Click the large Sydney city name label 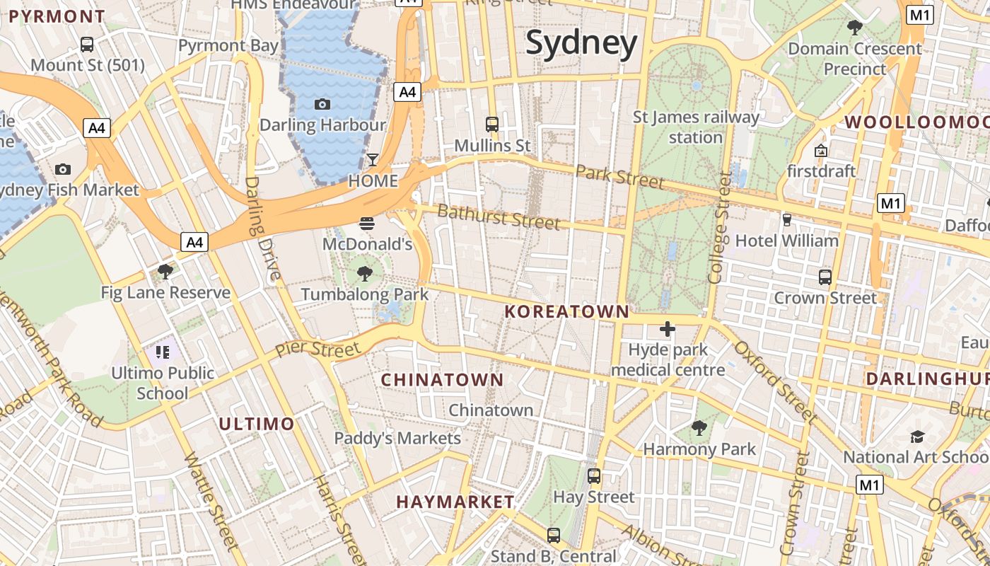[582, 43]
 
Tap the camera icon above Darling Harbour [322, 105]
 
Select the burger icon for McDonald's [366, 224]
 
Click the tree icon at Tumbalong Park [365, 273]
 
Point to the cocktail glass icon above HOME [373, 160]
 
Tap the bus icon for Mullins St [492, 125]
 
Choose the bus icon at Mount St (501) [87, 45]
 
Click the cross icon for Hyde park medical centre [667, 329]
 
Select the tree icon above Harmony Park [699, 427]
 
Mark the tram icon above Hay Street [594, 476]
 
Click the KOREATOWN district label [567, 311]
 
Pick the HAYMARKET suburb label [455, 502]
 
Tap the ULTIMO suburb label [256, 424]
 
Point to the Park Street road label [620, 177]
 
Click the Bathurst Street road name [499, 216]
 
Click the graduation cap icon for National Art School [917, 437]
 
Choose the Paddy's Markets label [397, 438]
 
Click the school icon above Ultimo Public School [163, 352]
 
